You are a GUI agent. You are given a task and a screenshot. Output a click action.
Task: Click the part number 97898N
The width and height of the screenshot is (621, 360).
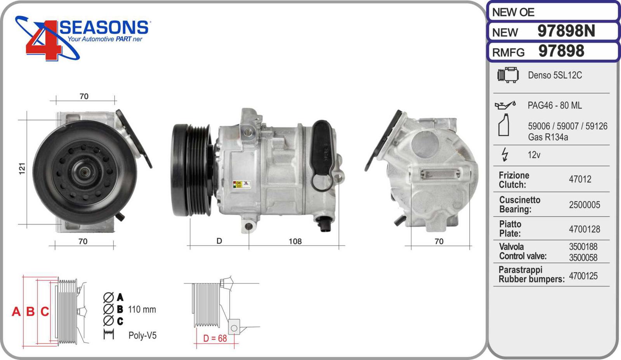(566, 31)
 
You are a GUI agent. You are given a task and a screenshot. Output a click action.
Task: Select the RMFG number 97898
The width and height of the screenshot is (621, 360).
(561, 51)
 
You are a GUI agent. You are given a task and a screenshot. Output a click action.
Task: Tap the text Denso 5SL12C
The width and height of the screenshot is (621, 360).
(555, 75)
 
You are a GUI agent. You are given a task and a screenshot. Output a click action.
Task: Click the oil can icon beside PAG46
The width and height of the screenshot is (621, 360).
(505, 105)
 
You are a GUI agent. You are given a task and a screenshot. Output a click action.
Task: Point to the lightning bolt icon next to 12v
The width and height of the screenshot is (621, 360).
(505, 155)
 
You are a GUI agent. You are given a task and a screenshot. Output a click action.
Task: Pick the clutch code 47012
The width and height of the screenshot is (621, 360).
(580, 179)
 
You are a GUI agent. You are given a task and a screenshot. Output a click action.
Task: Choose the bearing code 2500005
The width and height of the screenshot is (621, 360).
(585, 205)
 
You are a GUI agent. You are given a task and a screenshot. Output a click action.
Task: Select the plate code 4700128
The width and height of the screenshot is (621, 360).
(585, 229)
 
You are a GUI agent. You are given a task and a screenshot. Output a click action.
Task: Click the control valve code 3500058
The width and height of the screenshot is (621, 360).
(583, 257)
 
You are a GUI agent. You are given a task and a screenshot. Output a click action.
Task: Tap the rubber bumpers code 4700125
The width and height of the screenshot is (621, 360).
(583, 276)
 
